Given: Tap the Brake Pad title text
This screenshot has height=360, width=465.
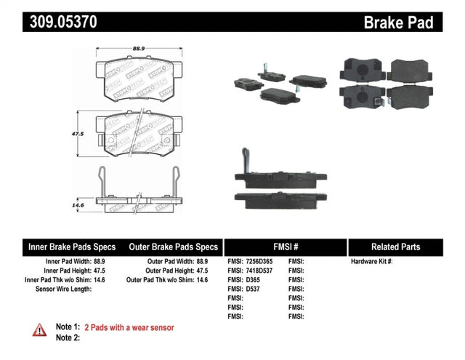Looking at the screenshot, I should pos(398,23).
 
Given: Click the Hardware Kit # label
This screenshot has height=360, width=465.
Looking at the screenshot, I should pos(371,260).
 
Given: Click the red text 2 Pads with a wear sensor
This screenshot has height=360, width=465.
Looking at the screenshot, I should pos(129,328).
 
